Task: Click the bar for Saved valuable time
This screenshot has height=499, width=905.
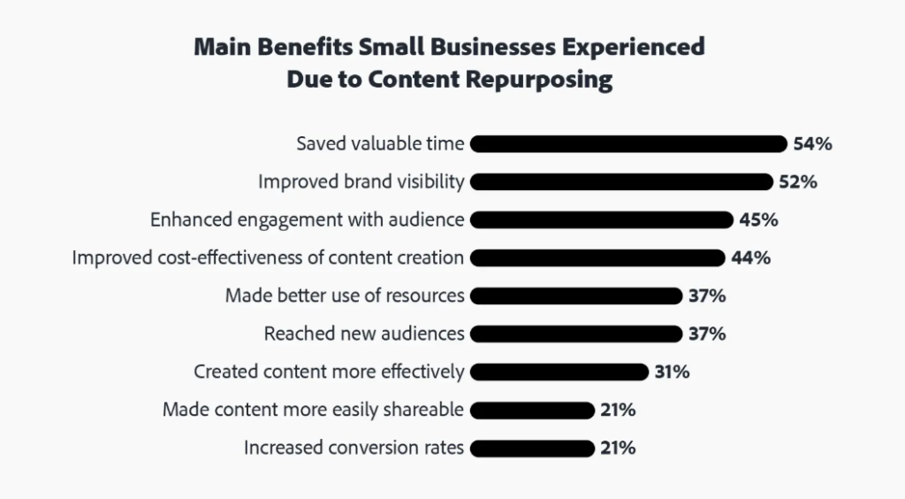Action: click(628, 144)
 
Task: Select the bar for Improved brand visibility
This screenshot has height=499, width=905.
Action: click(622, 182)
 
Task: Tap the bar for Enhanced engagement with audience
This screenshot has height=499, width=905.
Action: click(602, 220)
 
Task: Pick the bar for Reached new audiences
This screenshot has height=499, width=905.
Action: click(578, 334)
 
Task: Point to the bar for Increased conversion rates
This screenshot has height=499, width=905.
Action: click(532, 449)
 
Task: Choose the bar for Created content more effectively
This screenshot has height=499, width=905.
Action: click(560, 372)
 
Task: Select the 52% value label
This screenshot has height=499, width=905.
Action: click(799, 182)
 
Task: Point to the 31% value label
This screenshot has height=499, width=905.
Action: click(672, 372)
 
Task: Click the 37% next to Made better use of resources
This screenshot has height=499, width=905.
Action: click(707, 296)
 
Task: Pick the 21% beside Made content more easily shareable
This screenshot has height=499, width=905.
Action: click(618, 411)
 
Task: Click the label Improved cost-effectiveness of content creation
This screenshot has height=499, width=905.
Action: click(268, 258)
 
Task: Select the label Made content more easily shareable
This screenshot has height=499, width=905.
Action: click(314, 411)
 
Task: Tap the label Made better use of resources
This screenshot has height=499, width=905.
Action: click(345, 296)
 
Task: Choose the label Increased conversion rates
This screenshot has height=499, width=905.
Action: click(354, 449)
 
